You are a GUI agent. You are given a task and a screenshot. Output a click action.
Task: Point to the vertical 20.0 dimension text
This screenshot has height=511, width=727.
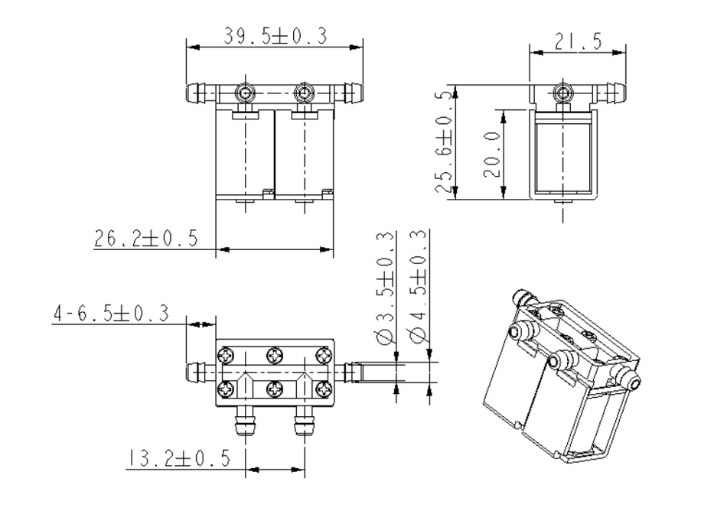point(492,154)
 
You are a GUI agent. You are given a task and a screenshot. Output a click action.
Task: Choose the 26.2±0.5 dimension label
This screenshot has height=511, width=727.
point(145,238)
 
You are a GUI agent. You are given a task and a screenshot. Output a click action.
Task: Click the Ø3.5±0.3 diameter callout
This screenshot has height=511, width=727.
point(386,287)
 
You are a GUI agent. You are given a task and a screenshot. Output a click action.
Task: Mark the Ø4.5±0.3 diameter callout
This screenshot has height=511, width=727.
point(419,287)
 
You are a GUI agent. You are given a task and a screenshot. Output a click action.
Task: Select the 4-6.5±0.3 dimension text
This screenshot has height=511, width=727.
point(110,314)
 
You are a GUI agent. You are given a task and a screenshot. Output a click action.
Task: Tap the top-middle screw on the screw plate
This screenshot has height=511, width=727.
point(275,356)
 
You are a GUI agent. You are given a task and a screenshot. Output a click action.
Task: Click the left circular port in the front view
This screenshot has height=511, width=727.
point(244,93)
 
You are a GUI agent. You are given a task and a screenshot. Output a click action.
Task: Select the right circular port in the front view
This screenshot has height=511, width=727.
point(304,93)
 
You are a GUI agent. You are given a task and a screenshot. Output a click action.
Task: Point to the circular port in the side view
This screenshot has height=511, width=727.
point(564,93)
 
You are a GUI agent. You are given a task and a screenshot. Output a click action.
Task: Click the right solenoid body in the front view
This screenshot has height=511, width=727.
point(304,153)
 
